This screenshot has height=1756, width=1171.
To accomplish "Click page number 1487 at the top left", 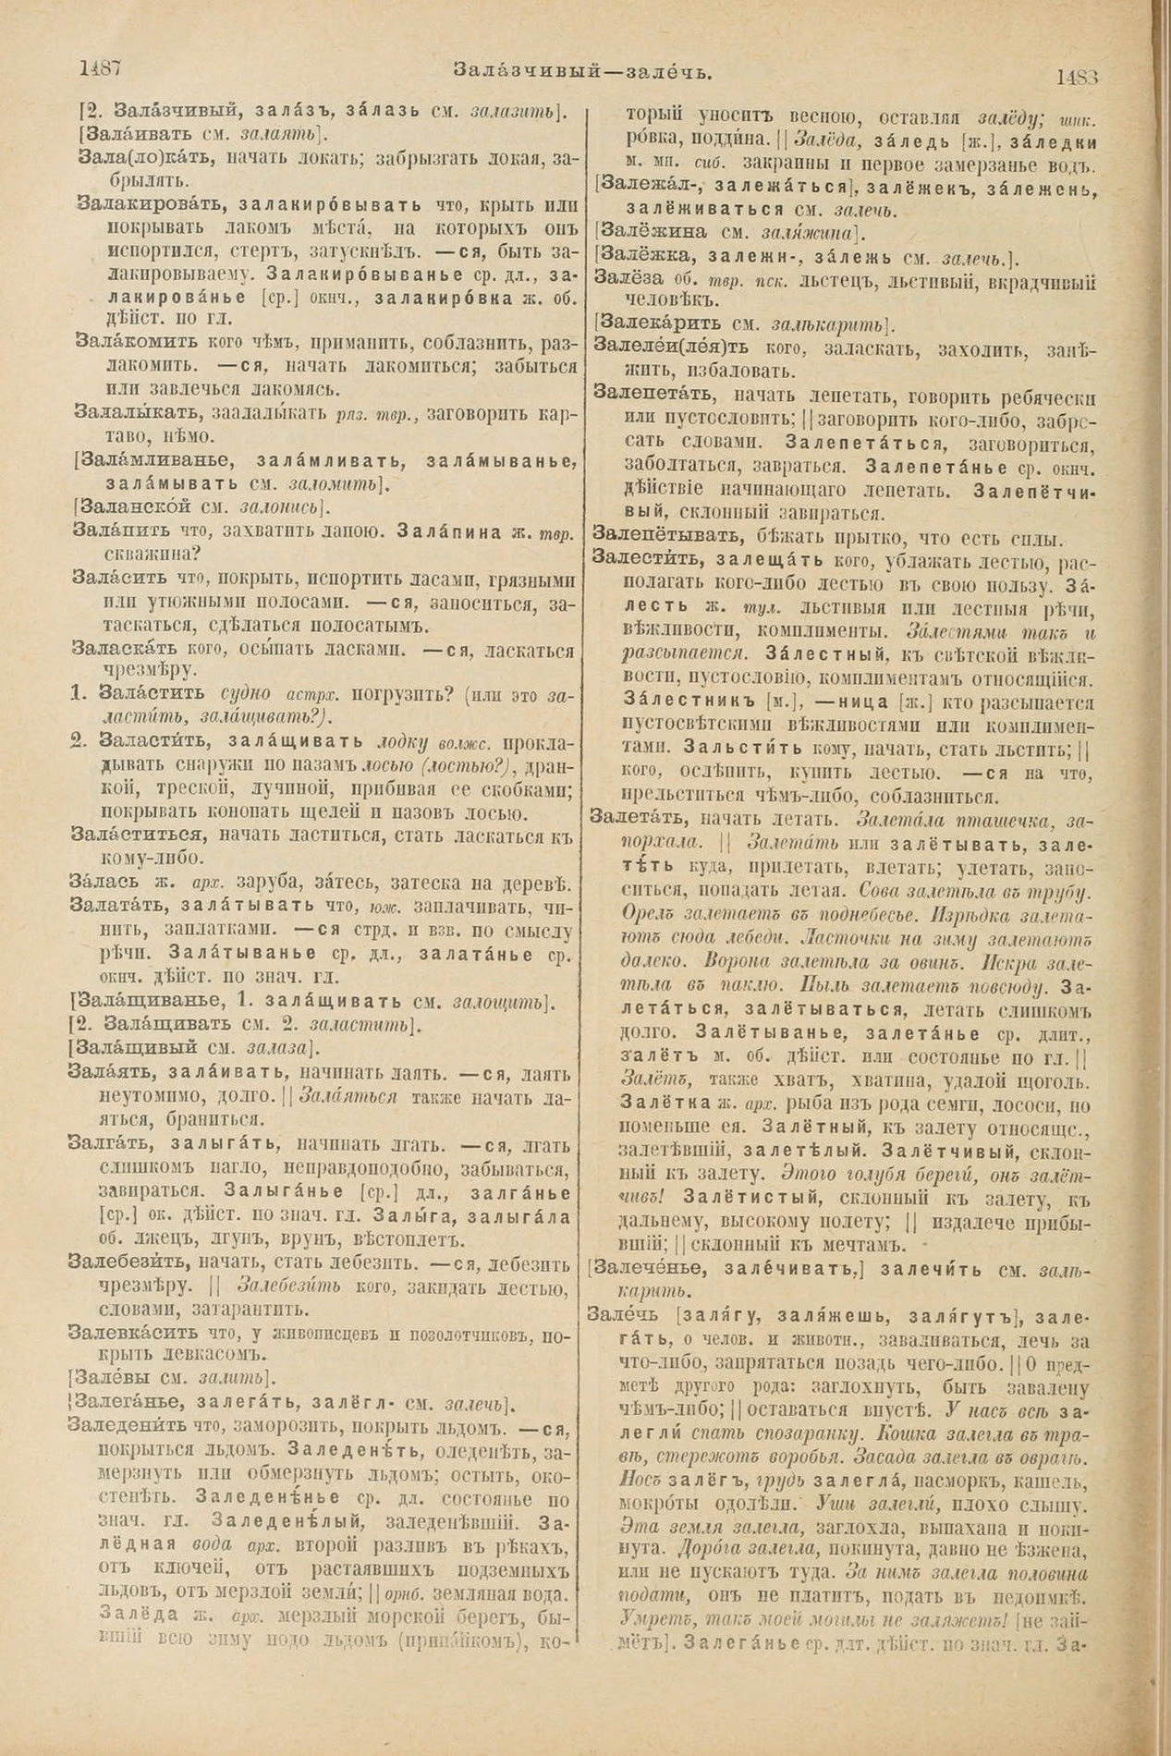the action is coord(103,68).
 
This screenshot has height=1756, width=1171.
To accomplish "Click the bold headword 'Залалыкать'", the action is coord(138,410).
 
